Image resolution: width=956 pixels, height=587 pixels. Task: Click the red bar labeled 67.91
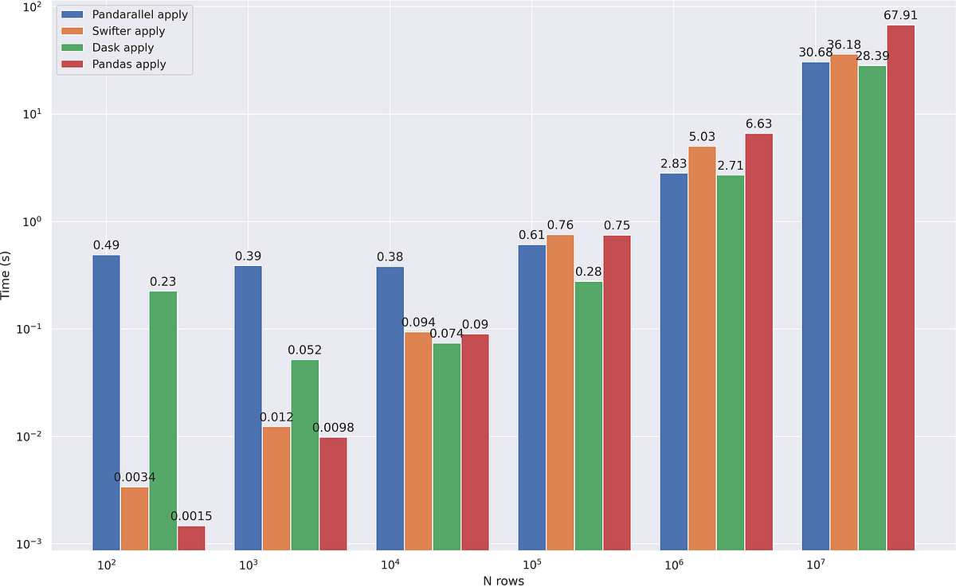pos(900,287)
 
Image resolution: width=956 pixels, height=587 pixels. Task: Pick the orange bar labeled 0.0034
pos(135,518)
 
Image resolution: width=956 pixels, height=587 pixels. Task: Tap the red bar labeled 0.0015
pos(191,538)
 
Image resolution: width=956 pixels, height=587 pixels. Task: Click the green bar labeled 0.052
pos(304,454)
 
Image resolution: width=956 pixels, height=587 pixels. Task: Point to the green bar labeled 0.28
pos(588,415)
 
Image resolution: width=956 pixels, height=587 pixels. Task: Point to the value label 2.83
pos(673,164)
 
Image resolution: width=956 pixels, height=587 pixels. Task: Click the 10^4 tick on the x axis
pos(390,565)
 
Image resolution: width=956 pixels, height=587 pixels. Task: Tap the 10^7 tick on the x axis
pos(815,565)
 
